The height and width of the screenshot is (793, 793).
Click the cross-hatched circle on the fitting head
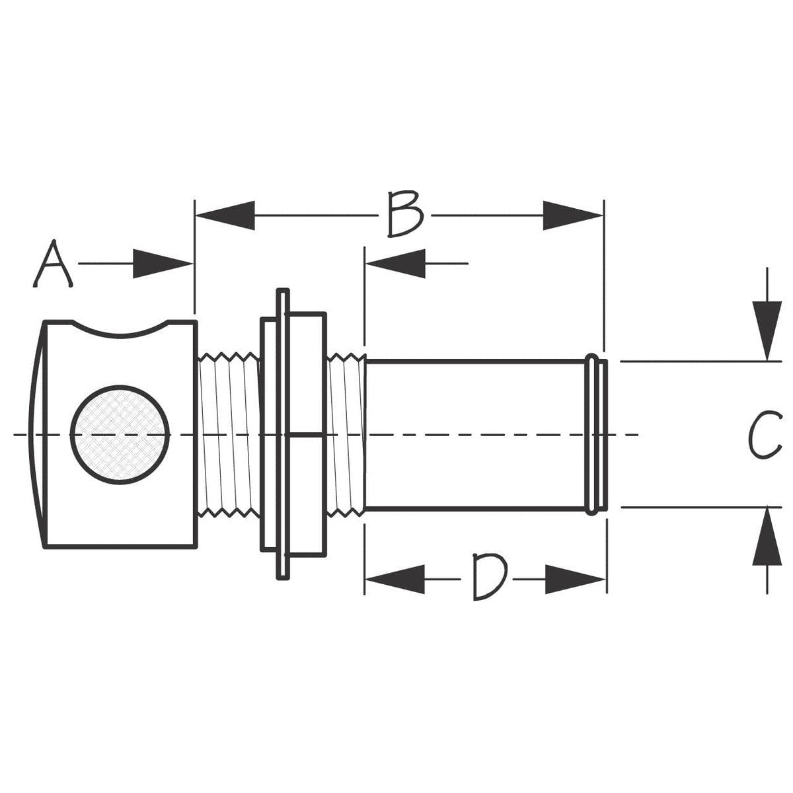[120, 434]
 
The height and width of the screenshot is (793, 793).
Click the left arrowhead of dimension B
[225, 215]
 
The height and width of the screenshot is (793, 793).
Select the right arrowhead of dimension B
[572, 215]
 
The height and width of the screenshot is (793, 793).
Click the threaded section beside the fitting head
[228, 434]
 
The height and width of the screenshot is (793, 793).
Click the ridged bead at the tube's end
[596, 434]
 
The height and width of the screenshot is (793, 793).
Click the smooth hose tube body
[476, 434]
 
